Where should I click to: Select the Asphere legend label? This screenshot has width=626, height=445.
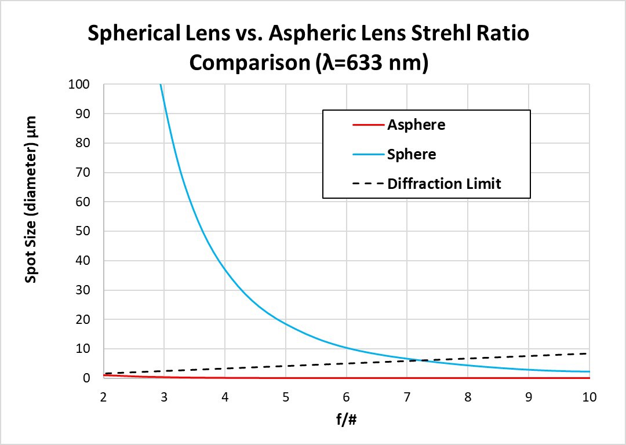(x=416, y=125)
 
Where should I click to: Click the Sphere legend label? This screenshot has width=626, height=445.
(x=412, y=154)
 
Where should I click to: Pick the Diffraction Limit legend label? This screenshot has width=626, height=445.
(x=444, y=184)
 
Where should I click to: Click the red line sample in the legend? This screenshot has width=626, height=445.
(x=367, y=125)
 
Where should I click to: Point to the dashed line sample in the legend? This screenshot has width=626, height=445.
(x=367, y=184)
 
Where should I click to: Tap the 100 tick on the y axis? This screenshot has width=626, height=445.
(x=79, y=85)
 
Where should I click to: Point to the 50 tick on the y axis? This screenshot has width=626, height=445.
(x=82, y=231)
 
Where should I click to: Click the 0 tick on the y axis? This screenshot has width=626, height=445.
(x=86, y=378)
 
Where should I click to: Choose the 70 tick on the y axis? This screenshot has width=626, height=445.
(x=82, y=173)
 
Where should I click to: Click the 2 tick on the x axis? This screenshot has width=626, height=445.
(x=103, y=397)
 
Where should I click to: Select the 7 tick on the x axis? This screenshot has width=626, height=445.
(x=407, y=397)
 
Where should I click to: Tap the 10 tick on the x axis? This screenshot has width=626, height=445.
(x=589, y=397)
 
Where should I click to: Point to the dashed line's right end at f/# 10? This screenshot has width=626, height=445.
(x=588, y=353)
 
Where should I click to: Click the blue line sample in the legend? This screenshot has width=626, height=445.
(x=367, y=155)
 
